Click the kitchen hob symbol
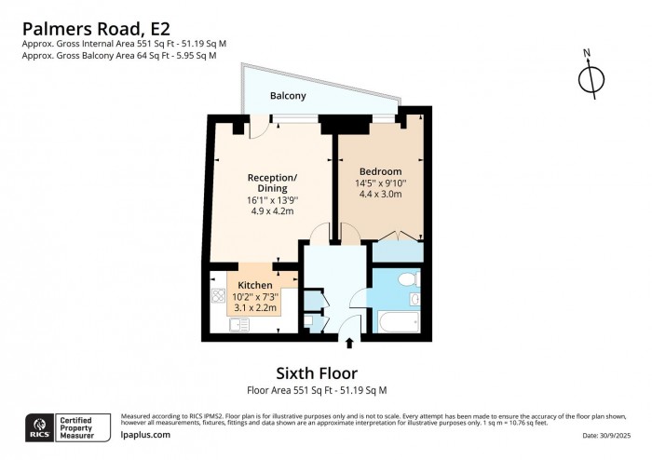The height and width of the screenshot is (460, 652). [219, 297]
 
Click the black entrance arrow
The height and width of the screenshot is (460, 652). [349, 344]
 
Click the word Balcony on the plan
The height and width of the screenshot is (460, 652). [288, 96]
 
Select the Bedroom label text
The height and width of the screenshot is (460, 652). [380, 171]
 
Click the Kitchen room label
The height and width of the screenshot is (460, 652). [254, 285]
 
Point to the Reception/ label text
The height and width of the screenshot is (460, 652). [272, 178]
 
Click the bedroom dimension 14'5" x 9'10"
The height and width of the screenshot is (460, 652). [380, 183]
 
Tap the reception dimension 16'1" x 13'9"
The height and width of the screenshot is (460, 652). [272, 200]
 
